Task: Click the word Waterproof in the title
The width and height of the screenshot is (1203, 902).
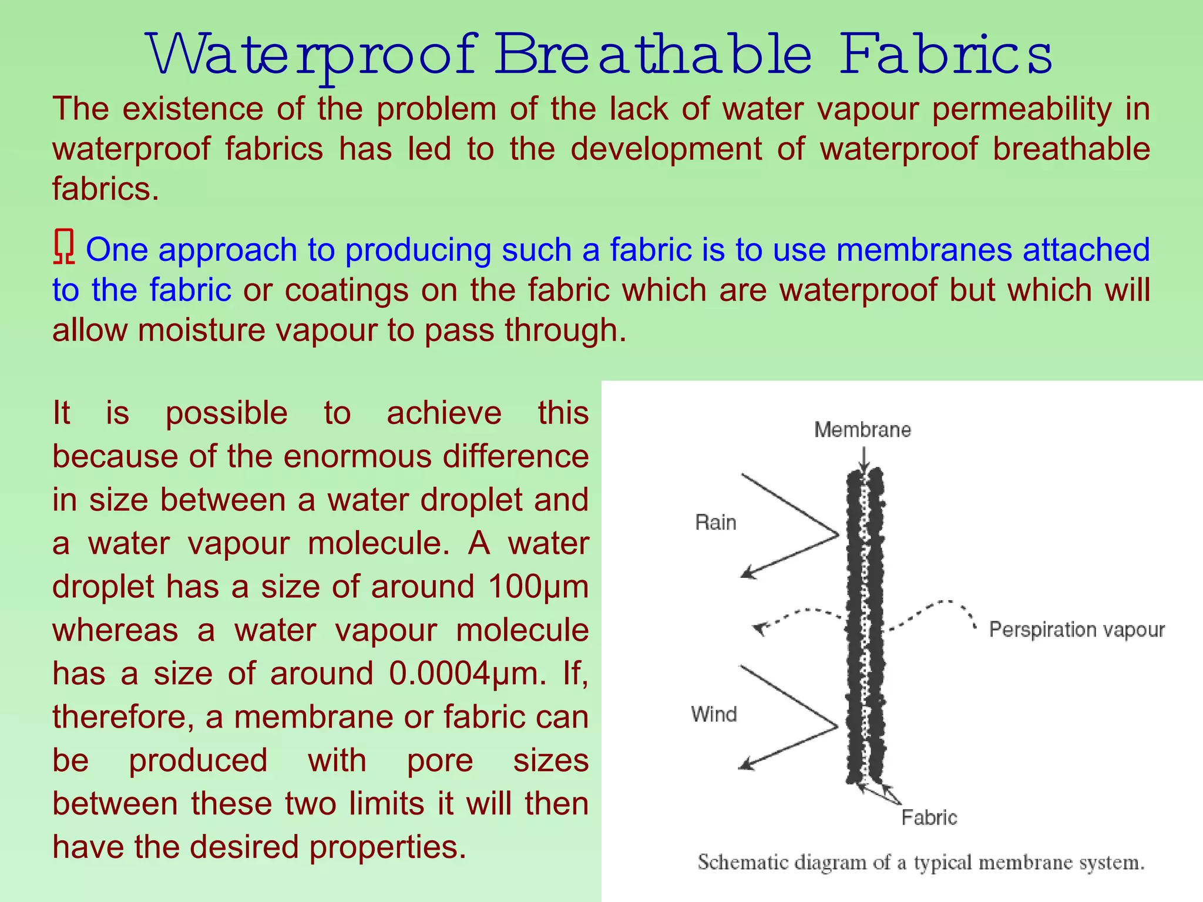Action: pos(311,56)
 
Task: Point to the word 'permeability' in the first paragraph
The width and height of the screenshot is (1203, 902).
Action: pos(1021,109)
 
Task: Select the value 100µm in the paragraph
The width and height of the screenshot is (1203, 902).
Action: pos(538,587)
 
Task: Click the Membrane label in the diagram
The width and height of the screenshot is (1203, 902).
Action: pos(862,430)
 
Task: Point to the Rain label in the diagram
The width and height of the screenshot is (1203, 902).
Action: pos(715,522)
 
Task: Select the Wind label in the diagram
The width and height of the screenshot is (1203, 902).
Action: pos(714,714)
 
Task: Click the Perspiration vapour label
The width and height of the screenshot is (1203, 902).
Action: pos(1077,630)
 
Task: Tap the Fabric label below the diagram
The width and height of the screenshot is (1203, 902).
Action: pos(929,817)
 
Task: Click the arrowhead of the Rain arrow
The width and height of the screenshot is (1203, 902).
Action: pos(747,573)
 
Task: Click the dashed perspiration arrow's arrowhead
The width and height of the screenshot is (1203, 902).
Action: pos(761,629)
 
